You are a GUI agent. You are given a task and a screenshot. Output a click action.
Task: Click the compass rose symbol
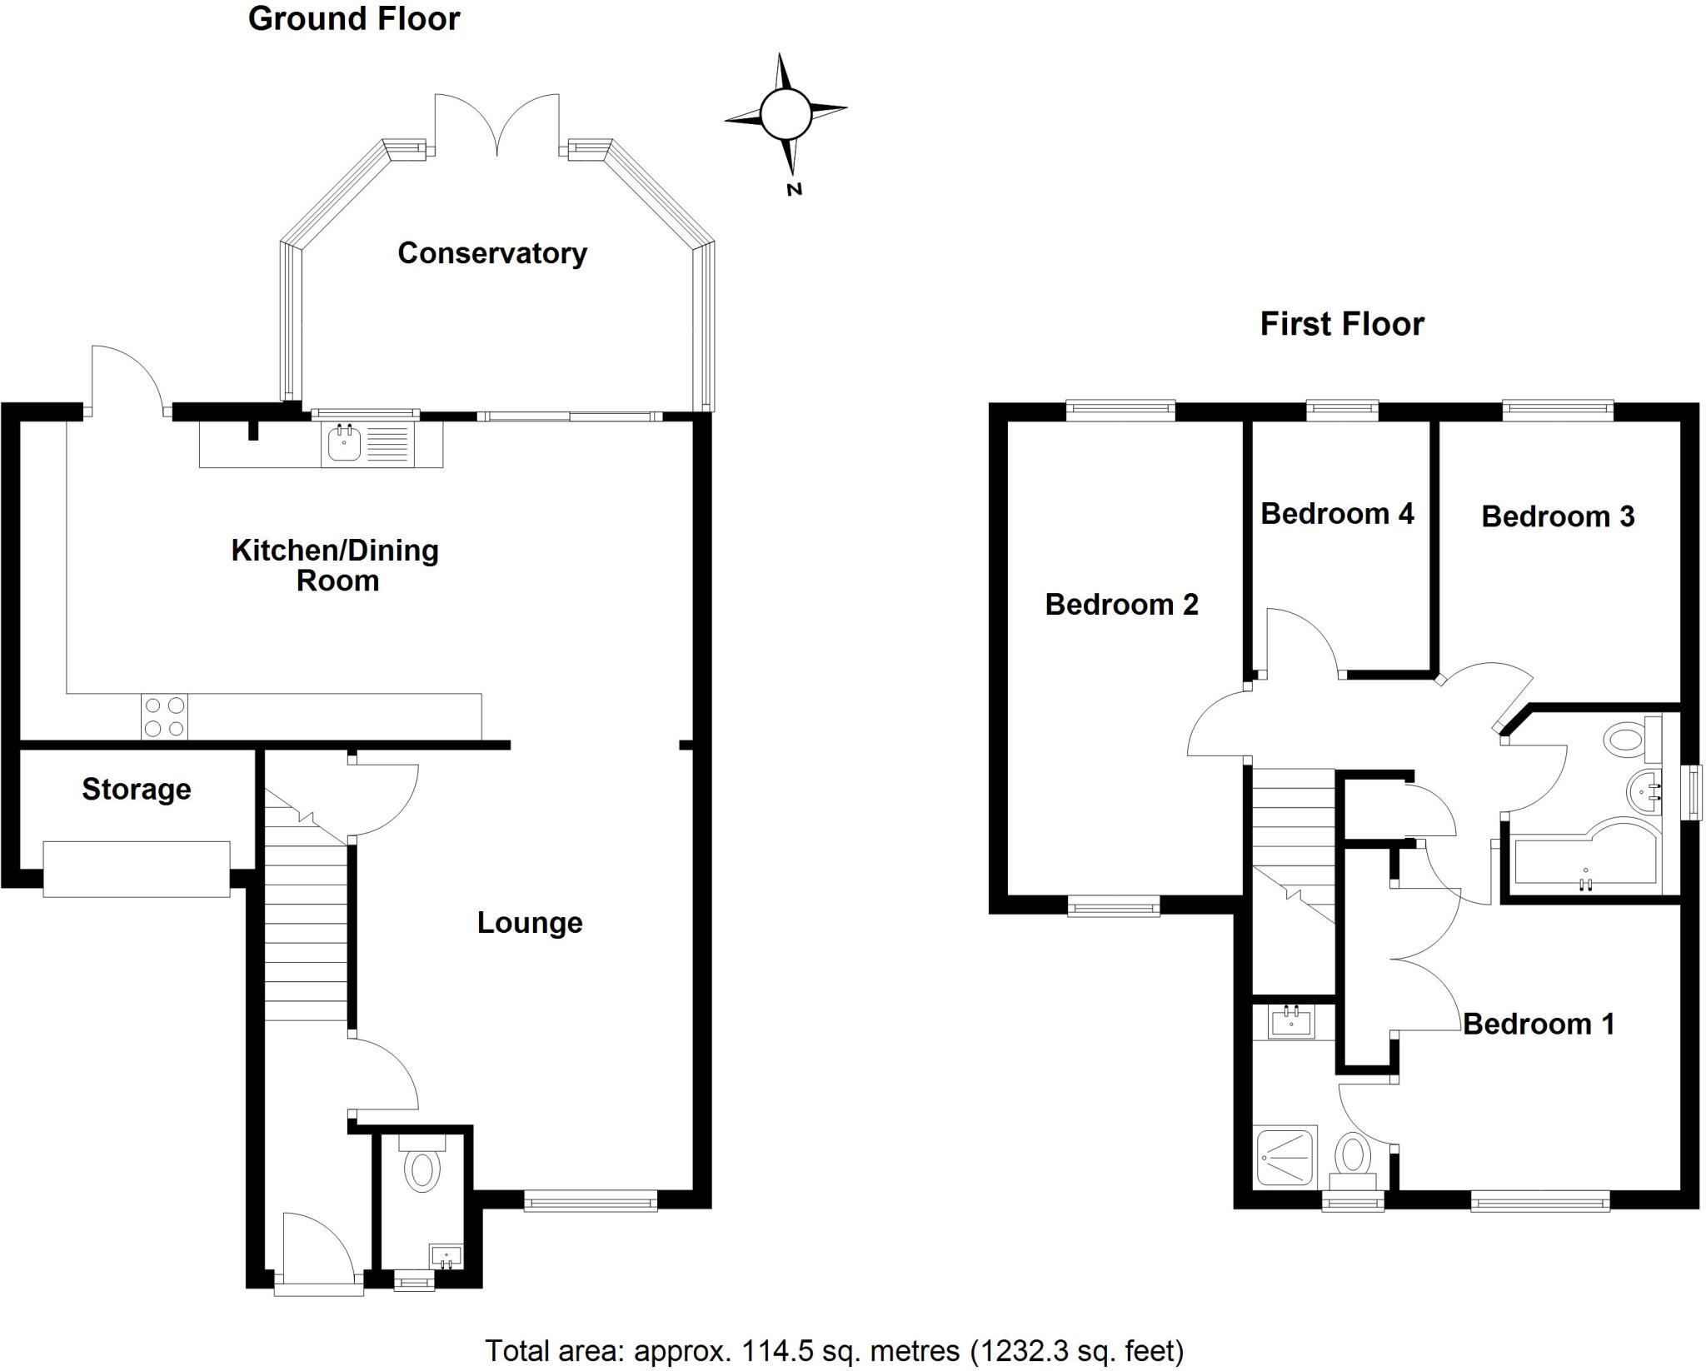785,112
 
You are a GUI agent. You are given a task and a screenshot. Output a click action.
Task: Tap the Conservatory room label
491,253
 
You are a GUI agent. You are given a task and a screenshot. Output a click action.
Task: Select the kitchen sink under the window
344,442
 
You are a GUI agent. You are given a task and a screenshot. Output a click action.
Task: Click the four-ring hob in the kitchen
164,717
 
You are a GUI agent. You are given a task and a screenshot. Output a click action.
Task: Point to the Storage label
137,789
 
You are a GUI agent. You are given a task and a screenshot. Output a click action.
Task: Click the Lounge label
529,923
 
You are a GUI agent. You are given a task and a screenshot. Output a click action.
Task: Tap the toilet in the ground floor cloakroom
422,1168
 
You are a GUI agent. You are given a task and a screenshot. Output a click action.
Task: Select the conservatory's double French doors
497,125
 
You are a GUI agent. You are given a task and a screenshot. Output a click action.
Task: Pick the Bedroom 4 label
1336,514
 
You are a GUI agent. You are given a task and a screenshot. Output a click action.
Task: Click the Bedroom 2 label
1121,605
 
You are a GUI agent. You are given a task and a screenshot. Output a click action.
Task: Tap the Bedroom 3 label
1557,517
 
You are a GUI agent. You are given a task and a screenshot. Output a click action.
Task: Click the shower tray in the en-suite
1285,1156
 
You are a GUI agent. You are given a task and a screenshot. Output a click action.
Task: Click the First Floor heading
1341,324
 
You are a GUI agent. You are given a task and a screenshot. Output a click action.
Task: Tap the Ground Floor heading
354,19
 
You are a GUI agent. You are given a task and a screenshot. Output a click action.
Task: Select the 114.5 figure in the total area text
766,1349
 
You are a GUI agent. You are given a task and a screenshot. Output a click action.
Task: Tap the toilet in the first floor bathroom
1624,738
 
